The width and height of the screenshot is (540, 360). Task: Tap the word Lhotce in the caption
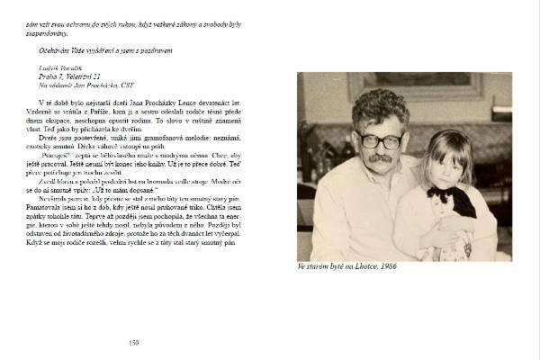click(360, 267)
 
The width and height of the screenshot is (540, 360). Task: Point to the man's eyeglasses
click(377, 139)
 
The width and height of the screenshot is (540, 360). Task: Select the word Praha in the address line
click(48, 76)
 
